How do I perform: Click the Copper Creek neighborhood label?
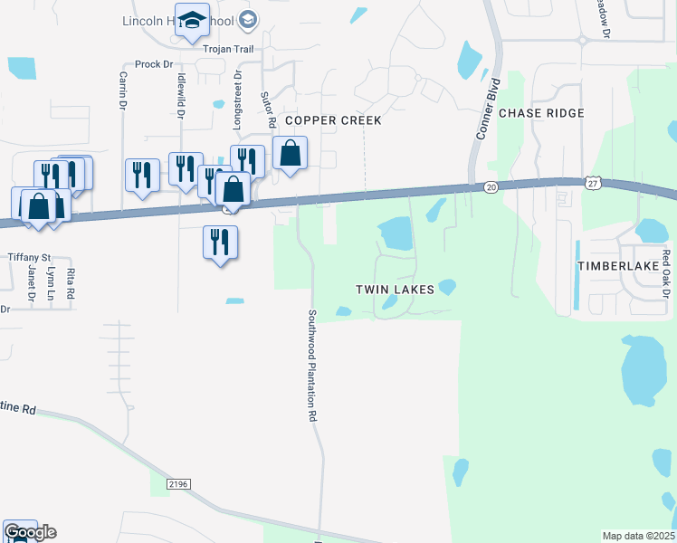[x=333, y=120]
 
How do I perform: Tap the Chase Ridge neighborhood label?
[x=541, y=113]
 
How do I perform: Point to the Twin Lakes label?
[x=395, y=289]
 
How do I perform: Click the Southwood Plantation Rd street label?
[x=312, y=366]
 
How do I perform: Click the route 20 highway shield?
[x=491, y=186]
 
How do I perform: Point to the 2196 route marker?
[x=178, y=485]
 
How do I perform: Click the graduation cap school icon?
[x=191, y=21]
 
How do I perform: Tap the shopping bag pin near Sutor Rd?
[x=290, y=153]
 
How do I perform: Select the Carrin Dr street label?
[x=122, y=91]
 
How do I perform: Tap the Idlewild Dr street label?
[x=182, y=91]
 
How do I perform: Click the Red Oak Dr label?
[x=665, y=274]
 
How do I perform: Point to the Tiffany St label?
[x=30, y=257]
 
